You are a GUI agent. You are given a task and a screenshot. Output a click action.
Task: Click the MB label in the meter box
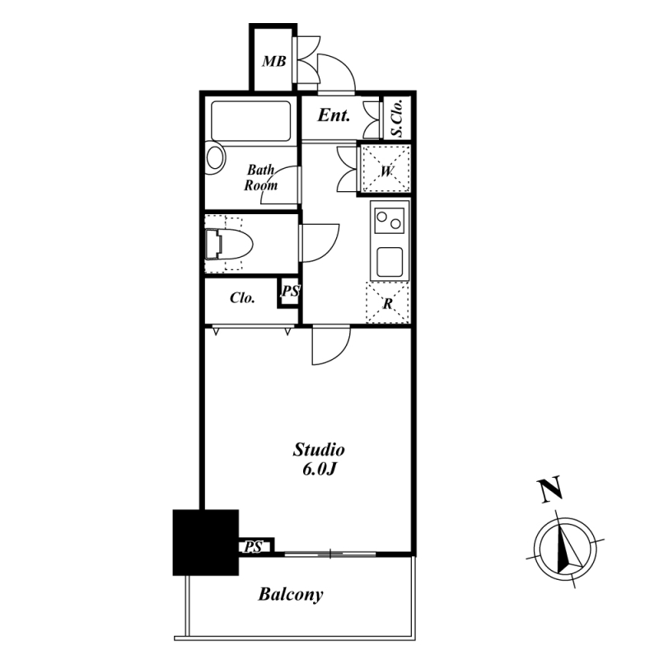pyautogui.click(x=274, y=62)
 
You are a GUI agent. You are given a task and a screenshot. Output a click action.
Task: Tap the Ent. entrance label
pyautogui.click(x=334, y=115)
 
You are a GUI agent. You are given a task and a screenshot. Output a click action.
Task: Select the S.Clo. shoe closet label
pyautogui.click(x=397, y=118)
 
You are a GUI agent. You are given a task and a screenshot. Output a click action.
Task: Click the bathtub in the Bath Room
pyautogui.click(x=251, y=121)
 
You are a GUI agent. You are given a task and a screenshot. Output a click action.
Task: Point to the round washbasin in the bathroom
pyautogui.click(x=216, y=157)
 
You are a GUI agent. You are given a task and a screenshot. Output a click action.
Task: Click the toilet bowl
pyautogui.click(x=229, y=244)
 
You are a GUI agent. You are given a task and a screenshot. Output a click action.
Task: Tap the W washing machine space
pyautogui.click(x=386, y=169)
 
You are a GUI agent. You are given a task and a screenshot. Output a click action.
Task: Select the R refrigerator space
pyautogui.click(x=388, y=303)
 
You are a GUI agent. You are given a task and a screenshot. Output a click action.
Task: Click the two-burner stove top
pyautogui.click(x=389, y=221)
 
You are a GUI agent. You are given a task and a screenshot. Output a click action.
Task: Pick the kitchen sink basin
pyautogui.click(x=390, y=262)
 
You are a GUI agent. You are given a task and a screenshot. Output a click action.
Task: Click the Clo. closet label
pyautogui.click(x=242, y=298)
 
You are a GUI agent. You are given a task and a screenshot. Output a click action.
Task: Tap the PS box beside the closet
pyautogui.click(x=290, y=292)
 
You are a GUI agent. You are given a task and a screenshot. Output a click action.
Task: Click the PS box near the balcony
pyautogui.click(x=254, y=547)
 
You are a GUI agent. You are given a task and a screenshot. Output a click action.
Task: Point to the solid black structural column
pyautogui.click(x=206, y=543)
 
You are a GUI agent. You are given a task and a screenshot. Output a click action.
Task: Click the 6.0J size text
pyautogui.click(x=319, y=470)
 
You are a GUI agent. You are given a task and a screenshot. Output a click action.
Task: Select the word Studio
pyautogui.click(x=319, y=450)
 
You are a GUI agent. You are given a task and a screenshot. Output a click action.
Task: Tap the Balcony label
pyautogui.click(x=291, y=595)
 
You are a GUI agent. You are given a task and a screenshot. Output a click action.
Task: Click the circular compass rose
pyautogui.click(x=565, y=549)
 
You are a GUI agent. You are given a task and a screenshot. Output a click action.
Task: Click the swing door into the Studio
pyautogui.click(x=331, y=345)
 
